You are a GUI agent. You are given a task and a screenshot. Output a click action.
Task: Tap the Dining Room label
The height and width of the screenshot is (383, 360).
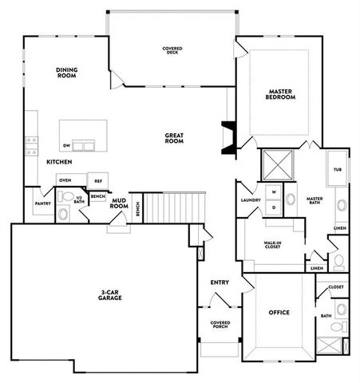coord(66,73)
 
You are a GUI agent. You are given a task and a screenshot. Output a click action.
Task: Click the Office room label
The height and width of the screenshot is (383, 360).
coord(279,312)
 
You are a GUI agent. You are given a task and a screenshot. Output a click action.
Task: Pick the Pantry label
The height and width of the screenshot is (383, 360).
coord(42,203)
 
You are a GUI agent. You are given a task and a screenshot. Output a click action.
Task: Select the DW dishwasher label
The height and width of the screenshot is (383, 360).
coord(68,146)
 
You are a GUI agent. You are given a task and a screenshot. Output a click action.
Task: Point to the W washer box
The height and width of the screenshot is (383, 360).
coord(274,192)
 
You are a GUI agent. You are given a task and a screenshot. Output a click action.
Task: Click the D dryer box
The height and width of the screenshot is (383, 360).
coord(274,207)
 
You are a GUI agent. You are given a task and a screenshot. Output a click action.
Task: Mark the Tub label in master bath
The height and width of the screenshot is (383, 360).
coord(337,170)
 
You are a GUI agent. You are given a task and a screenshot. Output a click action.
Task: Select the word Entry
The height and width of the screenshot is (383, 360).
coord(220,282)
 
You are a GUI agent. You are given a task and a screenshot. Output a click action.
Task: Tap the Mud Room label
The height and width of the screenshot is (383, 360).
coord(120,203)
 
